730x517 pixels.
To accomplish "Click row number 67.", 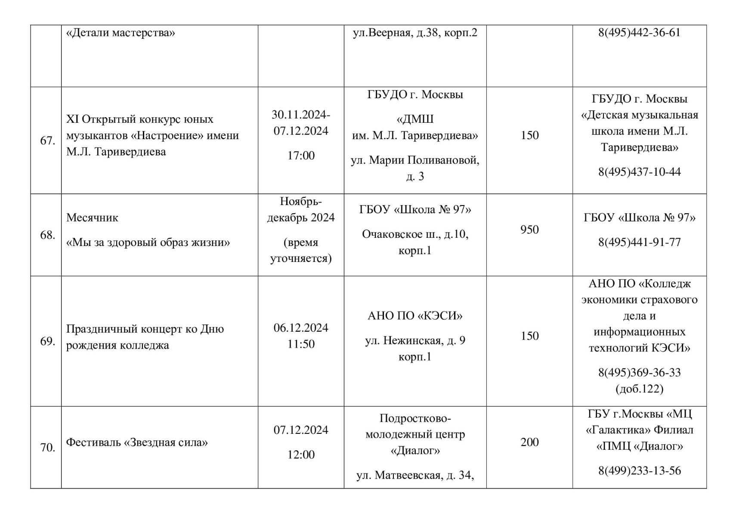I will pyautogui.click(x=47, y=141).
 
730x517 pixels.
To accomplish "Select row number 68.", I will pyautogui.click(x=47, y=235).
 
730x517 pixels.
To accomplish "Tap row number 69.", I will pyautogui.click(x=47, y=342).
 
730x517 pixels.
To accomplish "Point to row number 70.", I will pyautogui.click(x=47, y=448).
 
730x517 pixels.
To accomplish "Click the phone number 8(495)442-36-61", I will pyautogui.click(x=639, y=33).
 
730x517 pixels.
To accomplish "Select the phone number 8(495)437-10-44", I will pyautogui.click(x=639, y=172).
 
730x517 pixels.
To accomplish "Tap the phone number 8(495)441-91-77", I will pyautogui.click(x=639, y=242).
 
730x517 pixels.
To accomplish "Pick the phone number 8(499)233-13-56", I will pyautogui.click(x=639, y=470).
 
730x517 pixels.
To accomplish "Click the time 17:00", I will pyautogui.click(x=301, y=156).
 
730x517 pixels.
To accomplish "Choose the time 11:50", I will pyautogui.click(x=301, y=344).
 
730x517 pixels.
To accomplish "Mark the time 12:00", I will pyautogui.click(x=301, y=455).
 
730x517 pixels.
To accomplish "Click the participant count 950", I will pyautogui.click(x=529, y=230).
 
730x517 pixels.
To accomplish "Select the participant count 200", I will pyautogui.click(x=529, y=442).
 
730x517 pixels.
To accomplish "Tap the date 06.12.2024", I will pyautogui.click(x=301, y=328).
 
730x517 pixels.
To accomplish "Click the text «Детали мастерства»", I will pyautogui.click(x=121, y=33).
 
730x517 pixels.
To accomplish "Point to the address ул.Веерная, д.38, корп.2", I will pyautogui.click(x=415, y=33).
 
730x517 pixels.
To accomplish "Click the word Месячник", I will pyautogui.click(x=92, y=218).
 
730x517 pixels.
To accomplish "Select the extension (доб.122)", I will pyautogui.click(x=639, y=389).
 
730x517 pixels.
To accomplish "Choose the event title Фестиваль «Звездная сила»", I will pyautogui.click(x=137, y=442).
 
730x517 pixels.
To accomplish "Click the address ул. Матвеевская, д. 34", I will pyautogui.click(x=415, y=475).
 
